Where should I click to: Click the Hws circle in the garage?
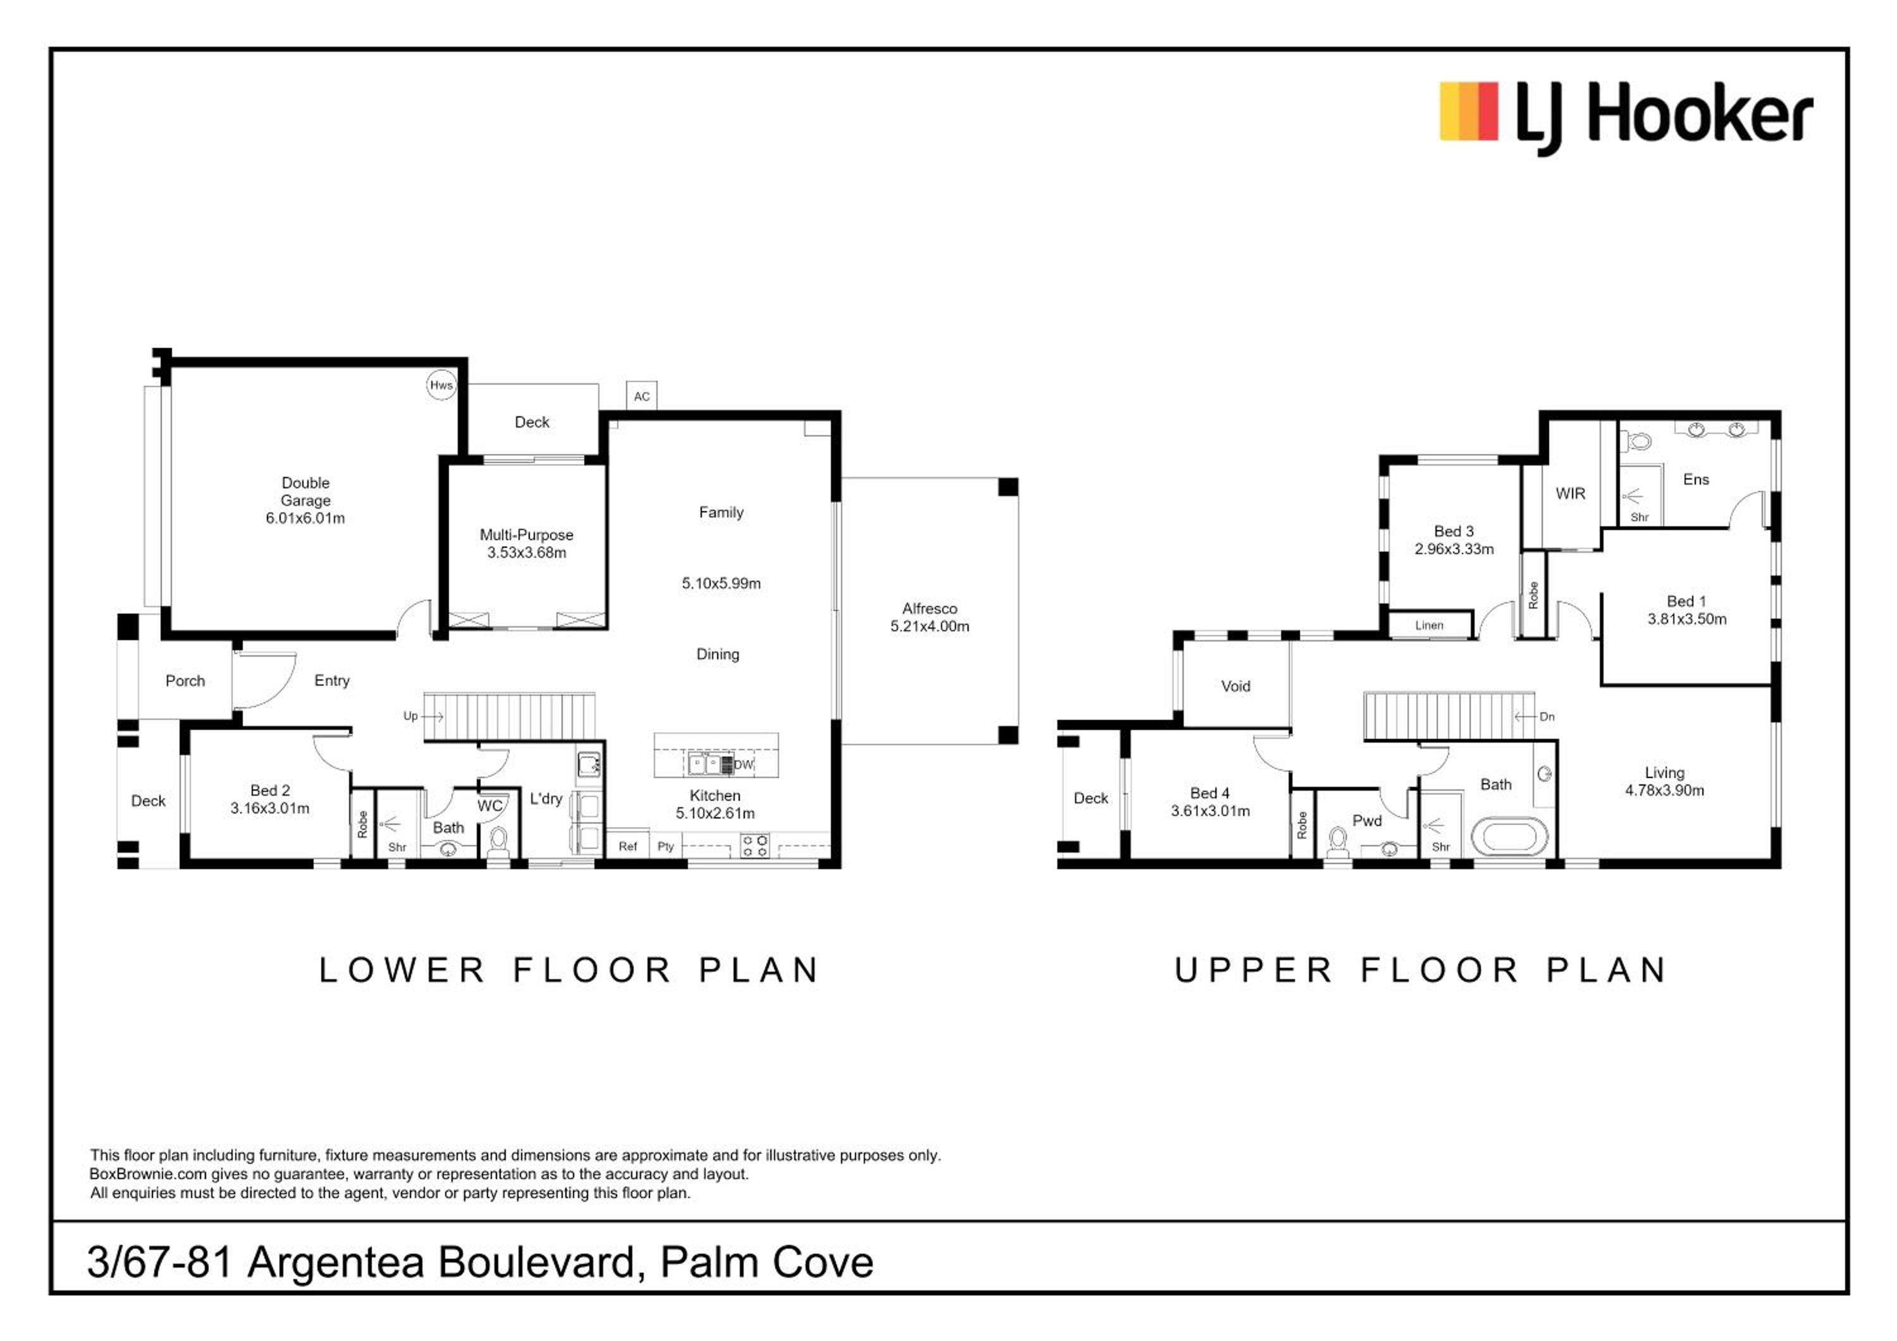[441, 385]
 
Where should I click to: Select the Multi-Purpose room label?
[526, 535]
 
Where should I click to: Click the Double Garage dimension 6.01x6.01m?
[305, 518]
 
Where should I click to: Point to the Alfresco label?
[930, 608]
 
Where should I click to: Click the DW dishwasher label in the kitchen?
[744, 764]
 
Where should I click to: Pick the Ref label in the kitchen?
[628, 846]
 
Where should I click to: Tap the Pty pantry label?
[666, 846]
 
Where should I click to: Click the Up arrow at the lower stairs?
[434, 716]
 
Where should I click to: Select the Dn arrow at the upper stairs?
[1525, 716]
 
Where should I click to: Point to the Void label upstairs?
[1235, 686]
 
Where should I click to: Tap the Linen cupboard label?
[1429, 625]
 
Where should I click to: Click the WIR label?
[1570, 493]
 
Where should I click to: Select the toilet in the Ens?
[1638, 442]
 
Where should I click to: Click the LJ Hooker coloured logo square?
[1468, 111]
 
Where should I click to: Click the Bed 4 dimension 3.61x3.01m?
[1210, 810]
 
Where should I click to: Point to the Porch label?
[185, 680]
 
